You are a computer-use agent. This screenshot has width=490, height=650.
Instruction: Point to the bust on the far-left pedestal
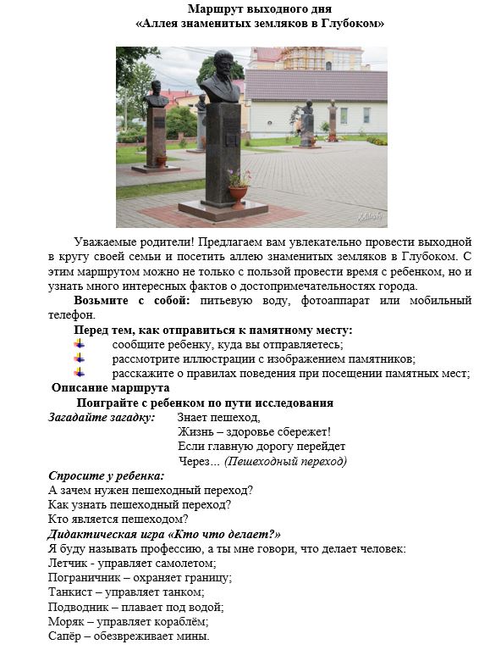point(156,94)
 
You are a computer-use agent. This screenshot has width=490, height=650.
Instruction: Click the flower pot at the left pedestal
point(162,160)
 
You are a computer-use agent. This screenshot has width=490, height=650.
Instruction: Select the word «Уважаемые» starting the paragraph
point(104,242)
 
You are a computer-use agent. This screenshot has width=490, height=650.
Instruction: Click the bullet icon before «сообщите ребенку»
point(80,344)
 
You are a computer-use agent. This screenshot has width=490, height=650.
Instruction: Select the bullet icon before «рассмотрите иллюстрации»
point(80,358)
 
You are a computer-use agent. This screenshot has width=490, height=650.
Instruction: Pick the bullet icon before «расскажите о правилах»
point(80,373)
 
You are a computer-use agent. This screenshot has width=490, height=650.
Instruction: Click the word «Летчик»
point(69,563)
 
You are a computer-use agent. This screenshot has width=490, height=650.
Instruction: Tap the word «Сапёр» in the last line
point(67,636)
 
